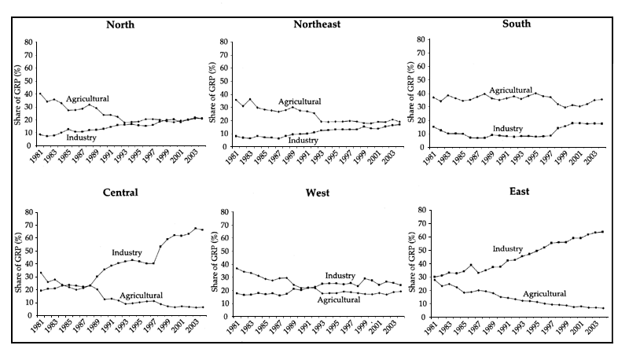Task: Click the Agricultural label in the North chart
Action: (x=87, y=98)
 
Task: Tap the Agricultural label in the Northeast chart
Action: (x=299, y=101)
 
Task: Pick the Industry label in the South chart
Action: (x=507, y=129)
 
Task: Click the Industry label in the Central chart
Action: (x=126, y=252)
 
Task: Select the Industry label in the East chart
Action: (x=507, y=249)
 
